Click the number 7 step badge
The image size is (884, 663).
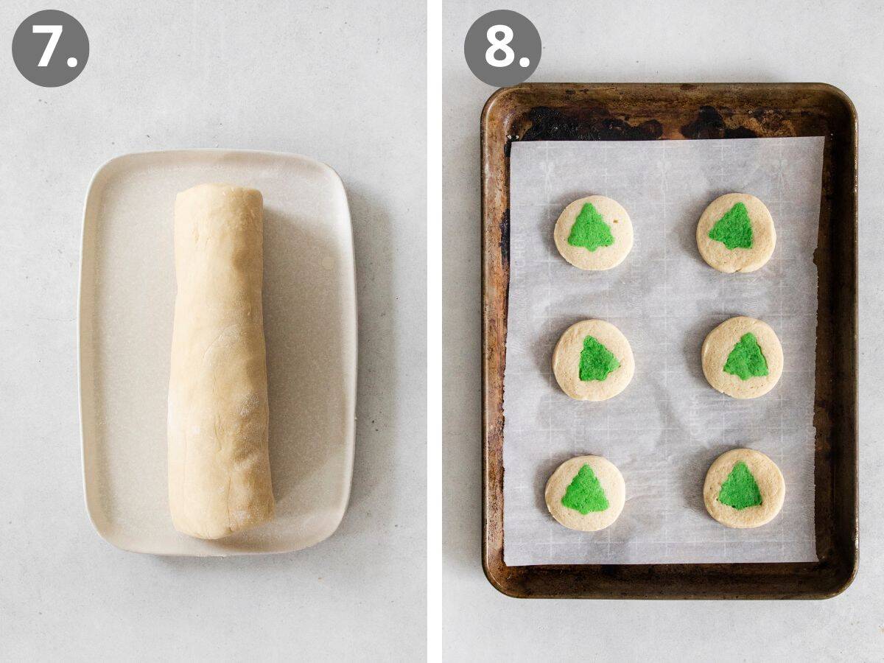(x=50, y=49)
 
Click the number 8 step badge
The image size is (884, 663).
(x=502, y=49)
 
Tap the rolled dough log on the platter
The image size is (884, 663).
(x=219, y=361)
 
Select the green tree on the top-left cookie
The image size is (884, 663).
(x=591, y=229)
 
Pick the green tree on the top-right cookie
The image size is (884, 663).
(x=733, y=228)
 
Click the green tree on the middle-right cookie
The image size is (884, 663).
(x=746, y=358)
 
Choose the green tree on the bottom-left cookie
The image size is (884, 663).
(x=585, y=491)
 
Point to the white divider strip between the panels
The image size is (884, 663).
(x=435, y=331)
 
